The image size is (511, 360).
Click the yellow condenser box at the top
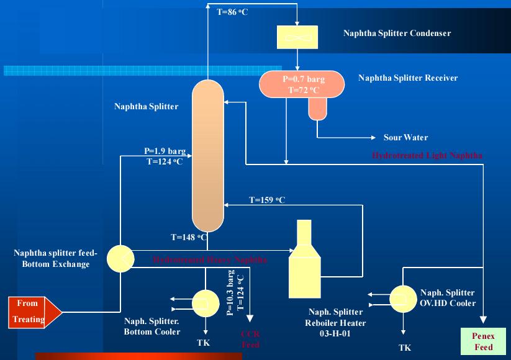tap(297, 37)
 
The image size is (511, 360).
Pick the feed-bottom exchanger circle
tap(119, 258)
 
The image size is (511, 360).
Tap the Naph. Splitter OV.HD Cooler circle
tap(403, 298)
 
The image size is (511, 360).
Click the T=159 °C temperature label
tap(267, 200)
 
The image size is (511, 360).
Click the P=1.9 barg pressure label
tap(160, 151)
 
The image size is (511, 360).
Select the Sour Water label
tap(405, 138)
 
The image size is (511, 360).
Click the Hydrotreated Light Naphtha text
tap(427, 155)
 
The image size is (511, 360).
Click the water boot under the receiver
tap(316, 109)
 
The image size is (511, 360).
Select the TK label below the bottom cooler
tap(204, 342)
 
